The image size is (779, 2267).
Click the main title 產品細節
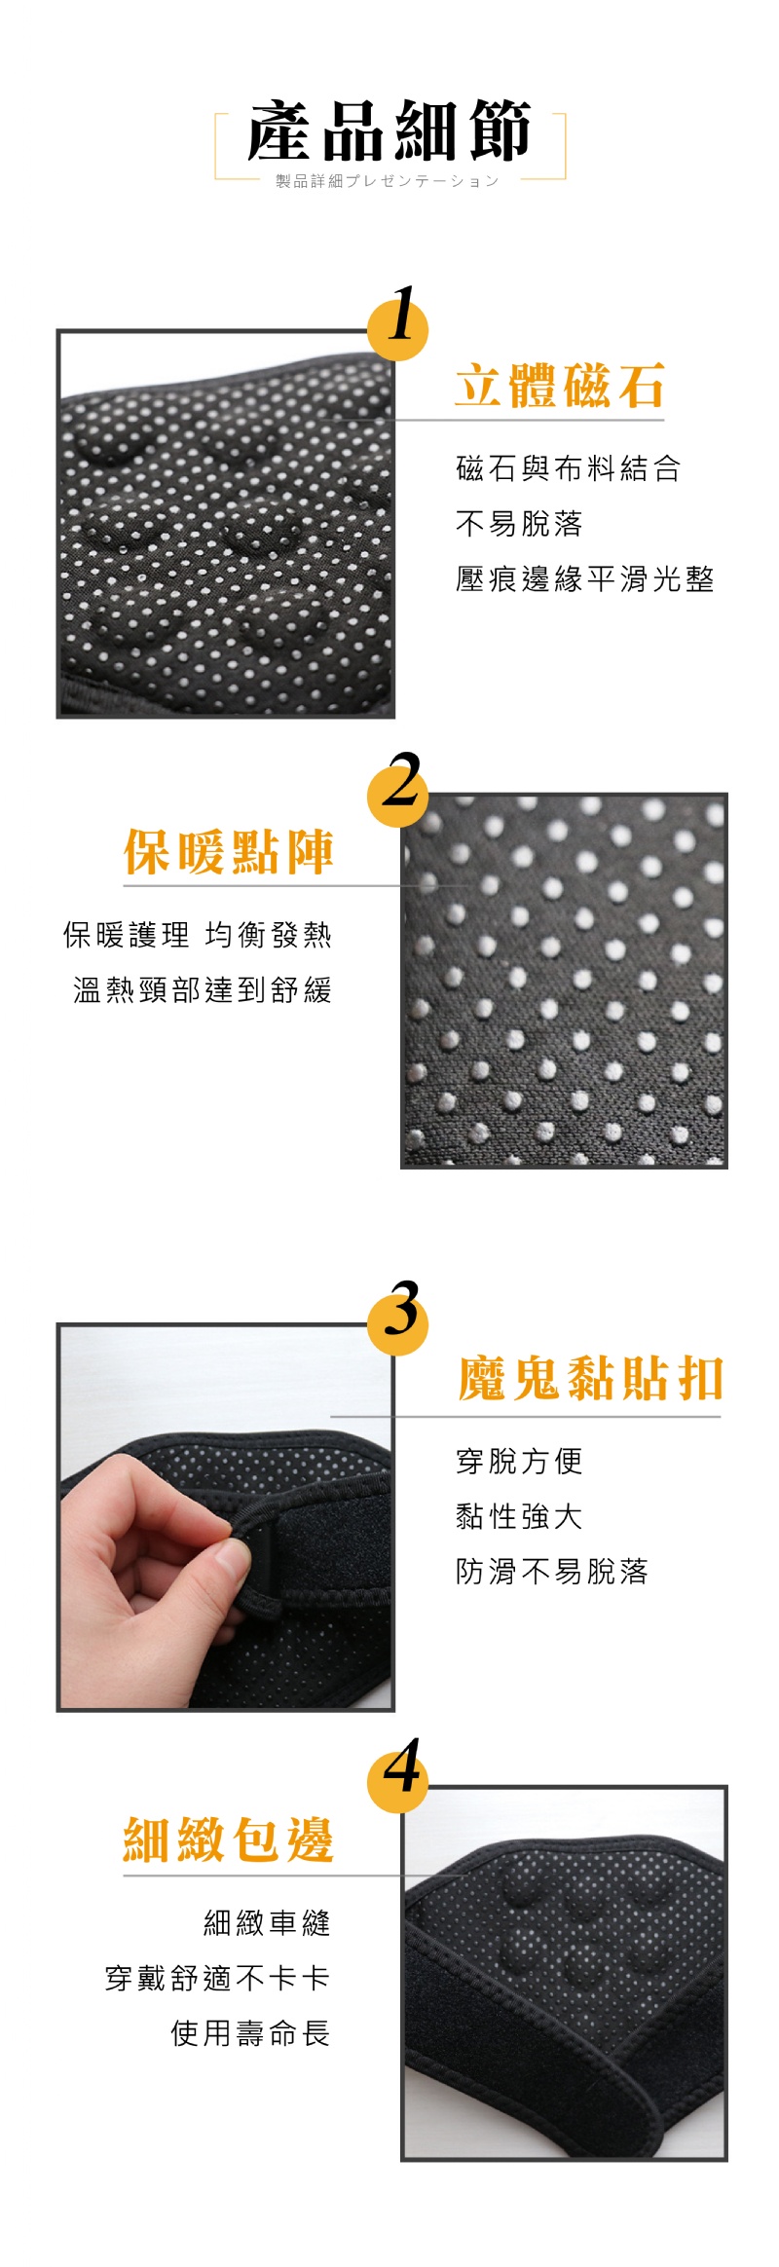(389, 130)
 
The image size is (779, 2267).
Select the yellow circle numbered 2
(397, 788)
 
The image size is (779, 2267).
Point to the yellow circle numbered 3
(397, 1316)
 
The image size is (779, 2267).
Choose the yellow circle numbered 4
(397, 1774)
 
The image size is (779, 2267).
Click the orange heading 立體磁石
(559, 385)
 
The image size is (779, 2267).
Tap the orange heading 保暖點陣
(229, 851)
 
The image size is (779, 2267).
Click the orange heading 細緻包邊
(229, 1840)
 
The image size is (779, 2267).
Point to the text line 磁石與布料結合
(568, 468)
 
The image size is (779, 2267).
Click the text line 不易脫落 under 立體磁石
(519, 524)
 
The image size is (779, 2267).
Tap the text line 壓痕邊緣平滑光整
(584, 579)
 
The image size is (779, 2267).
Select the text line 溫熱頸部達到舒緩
(203, 990)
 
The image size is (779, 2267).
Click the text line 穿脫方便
(519, 1461)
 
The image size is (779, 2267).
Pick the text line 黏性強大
(519, 1516)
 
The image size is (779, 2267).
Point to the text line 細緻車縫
(267, 1923)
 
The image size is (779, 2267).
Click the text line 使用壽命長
(250, 2033)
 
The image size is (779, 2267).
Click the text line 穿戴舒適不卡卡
(218, 1979)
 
